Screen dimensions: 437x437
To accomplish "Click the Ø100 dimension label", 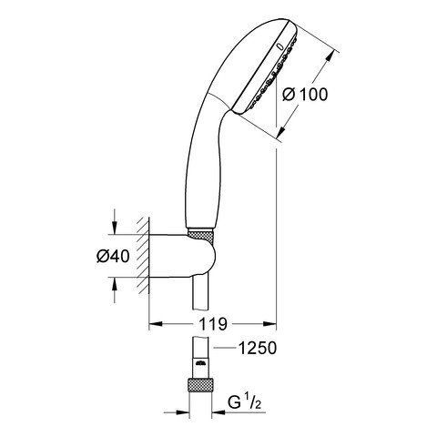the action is tap(305, 94).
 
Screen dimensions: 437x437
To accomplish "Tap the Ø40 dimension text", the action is tap(113, 256).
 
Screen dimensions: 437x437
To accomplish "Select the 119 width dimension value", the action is tap(213, 324).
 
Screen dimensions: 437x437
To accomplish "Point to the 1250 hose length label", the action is tap(258, 348).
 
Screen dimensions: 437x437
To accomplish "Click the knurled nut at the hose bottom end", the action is tap(200, 385).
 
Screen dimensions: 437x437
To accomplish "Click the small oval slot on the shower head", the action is tap(279, 46).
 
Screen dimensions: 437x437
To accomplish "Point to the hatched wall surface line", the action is tap(148, 256).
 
